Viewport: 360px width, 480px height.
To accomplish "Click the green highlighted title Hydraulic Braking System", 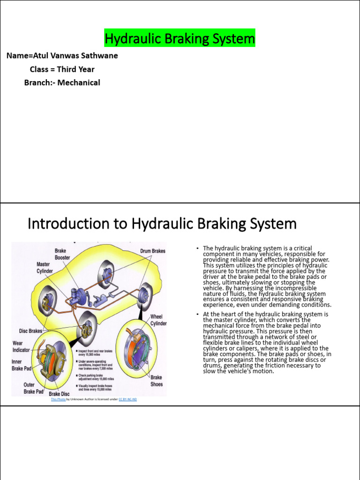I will (180, 38).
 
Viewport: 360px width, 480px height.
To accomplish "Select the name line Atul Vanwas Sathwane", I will (62, 56).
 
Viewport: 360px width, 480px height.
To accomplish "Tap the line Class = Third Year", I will (62, 69).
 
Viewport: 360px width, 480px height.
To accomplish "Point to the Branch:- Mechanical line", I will (62, 82).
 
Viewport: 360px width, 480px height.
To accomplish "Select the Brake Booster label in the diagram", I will (63, 254).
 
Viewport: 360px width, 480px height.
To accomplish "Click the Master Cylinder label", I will (45, 268).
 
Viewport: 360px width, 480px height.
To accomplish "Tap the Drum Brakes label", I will (152, 251).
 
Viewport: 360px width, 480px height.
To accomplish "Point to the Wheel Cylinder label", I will (158, 320).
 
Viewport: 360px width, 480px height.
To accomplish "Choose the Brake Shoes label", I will (157, 380).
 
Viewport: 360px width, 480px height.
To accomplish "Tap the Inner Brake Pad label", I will (22, 365).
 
